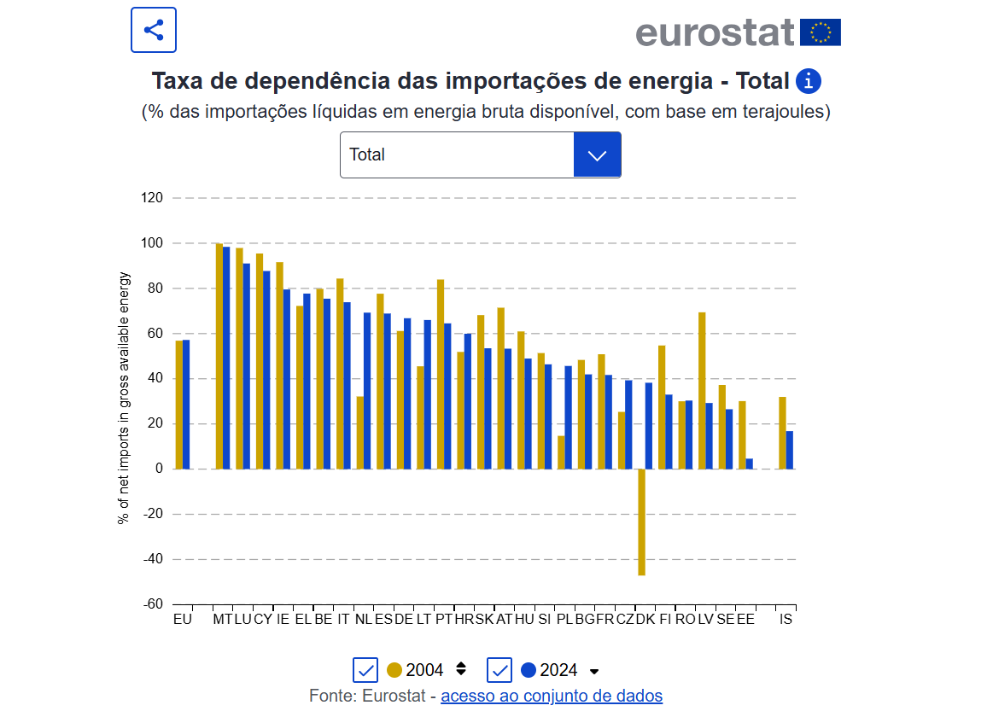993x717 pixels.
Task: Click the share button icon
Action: (154, 31)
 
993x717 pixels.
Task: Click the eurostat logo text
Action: (715, 32)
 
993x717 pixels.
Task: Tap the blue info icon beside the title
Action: (808, 82)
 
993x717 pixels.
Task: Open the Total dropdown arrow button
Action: (597, 154)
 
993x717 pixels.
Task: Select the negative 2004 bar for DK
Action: (641, 522)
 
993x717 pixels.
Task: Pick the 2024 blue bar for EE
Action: (749, 463)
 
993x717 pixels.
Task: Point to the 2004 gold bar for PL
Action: (561, 452)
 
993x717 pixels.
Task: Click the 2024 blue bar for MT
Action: (226, 358)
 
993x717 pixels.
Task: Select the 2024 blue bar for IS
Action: (790, 450)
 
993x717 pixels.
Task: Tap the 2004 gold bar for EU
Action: (179, 405)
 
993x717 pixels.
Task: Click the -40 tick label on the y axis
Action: (151, 559)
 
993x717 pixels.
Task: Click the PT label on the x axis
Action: (443, 619)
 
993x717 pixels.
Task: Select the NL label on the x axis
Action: (363, 619)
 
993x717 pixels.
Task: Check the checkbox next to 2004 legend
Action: (365, 670)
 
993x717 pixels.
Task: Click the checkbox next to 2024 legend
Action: (499, 670)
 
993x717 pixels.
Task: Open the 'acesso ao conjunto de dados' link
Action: (552, 696)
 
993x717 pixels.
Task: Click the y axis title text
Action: (125, 398)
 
